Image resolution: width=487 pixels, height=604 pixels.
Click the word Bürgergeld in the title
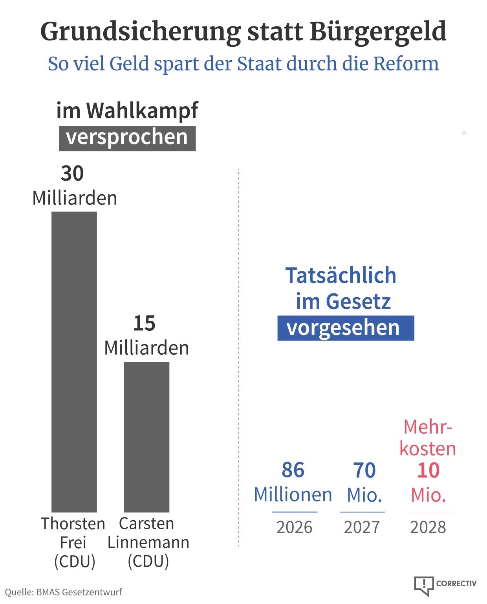[x=378, y=31]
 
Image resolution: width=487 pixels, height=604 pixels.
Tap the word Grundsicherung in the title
[x=140, y=31]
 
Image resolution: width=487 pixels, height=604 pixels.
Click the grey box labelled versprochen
[x=127, y=138]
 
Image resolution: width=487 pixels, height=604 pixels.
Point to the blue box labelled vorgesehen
[x=346, y=328]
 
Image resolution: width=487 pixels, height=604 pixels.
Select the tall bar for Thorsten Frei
[x=74, y=362]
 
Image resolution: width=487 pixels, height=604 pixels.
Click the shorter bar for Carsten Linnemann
[x=146, y=436]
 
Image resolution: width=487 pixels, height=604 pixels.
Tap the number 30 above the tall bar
[x=72, y=173]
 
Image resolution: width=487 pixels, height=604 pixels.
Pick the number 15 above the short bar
[x=144, y=323]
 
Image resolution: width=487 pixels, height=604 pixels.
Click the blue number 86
[x=293, y=470]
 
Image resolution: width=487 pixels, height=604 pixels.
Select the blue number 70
[x=364, y=470]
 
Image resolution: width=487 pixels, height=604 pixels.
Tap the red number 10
[x=428, y=470]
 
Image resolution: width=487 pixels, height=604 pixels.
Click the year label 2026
[x=294, y=527]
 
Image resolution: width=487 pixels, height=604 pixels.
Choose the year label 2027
[x=362, y=527]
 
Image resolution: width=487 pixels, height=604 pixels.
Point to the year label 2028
[x=428, y=527]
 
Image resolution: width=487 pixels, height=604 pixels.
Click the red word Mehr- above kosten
[x=428, y=427]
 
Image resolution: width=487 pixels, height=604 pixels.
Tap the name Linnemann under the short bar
[x=148, y=543]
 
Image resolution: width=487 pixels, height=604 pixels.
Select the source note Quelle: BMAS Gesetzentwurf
[x=63, y=592]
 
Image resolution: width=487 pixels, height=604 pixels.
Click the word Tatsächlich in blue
[x=341, y=275]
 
